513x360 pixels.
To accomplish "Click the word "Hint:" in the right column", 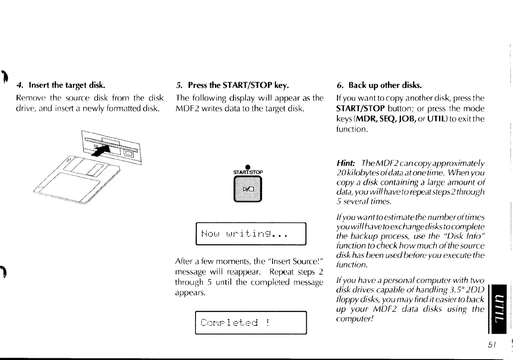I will pos(346,163).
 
